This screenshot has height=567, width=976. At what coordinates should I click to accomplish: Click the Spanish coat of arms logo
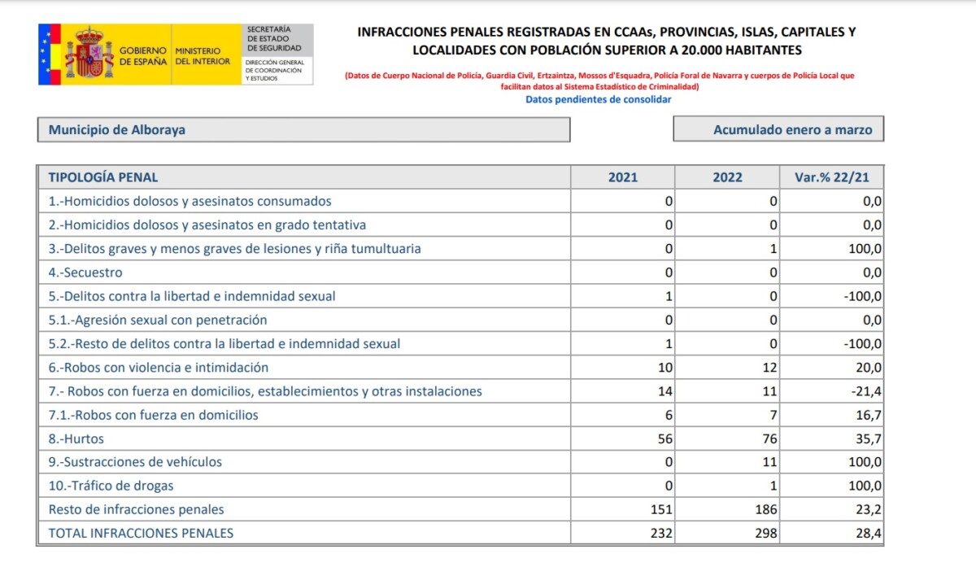[x=89, y=55]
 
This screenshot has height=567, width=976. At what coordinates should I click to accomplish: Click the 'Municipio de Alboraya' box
[x=303, y=130]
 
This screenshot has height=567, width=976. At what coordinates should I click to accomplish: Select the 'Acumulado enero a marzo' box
[x=778, y=130]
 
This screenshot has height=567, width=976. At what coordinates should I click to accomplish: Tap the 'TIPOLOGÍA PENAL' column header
[x=103, y=177]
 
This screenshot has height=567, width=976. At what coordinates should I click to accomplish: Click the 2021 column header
[x=623, y=177]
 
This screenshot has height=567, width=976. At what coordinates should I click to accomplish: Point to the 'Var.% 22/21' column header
[x=831, y=177]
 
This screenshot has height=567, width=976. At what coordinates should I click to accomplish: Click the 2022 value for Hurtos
[x=768, y=438]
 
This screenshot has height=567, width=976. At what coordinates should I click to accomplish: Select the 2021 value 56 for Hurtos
[x=664, y=438]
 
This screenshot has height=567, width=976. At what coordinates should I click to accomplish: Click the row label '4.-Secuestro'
[x=85, y=273]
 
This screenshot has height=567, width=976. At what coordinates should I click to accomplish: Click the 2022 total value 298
[x=765, y=533]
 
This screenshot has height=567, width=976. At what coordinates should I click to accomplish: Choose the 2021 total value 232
[x=661, y=533]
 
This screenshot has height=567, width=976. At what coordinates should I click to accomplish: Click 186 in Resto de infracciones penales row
[x=765, y=509]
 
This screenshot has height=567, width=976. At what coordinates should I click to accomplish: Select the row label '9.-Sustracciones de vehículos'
[x=135, y=462]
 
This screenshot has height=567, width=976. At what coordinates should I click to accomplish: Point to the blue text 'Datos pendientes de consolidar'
[x=598, y=99]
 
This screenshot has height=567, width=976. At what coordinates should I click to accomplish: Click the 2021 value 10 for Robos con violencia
[x=664, y=368]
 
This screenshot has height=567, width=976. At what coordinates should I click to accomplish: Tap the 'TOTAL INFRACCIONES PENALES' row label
[x=141, y=533]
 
